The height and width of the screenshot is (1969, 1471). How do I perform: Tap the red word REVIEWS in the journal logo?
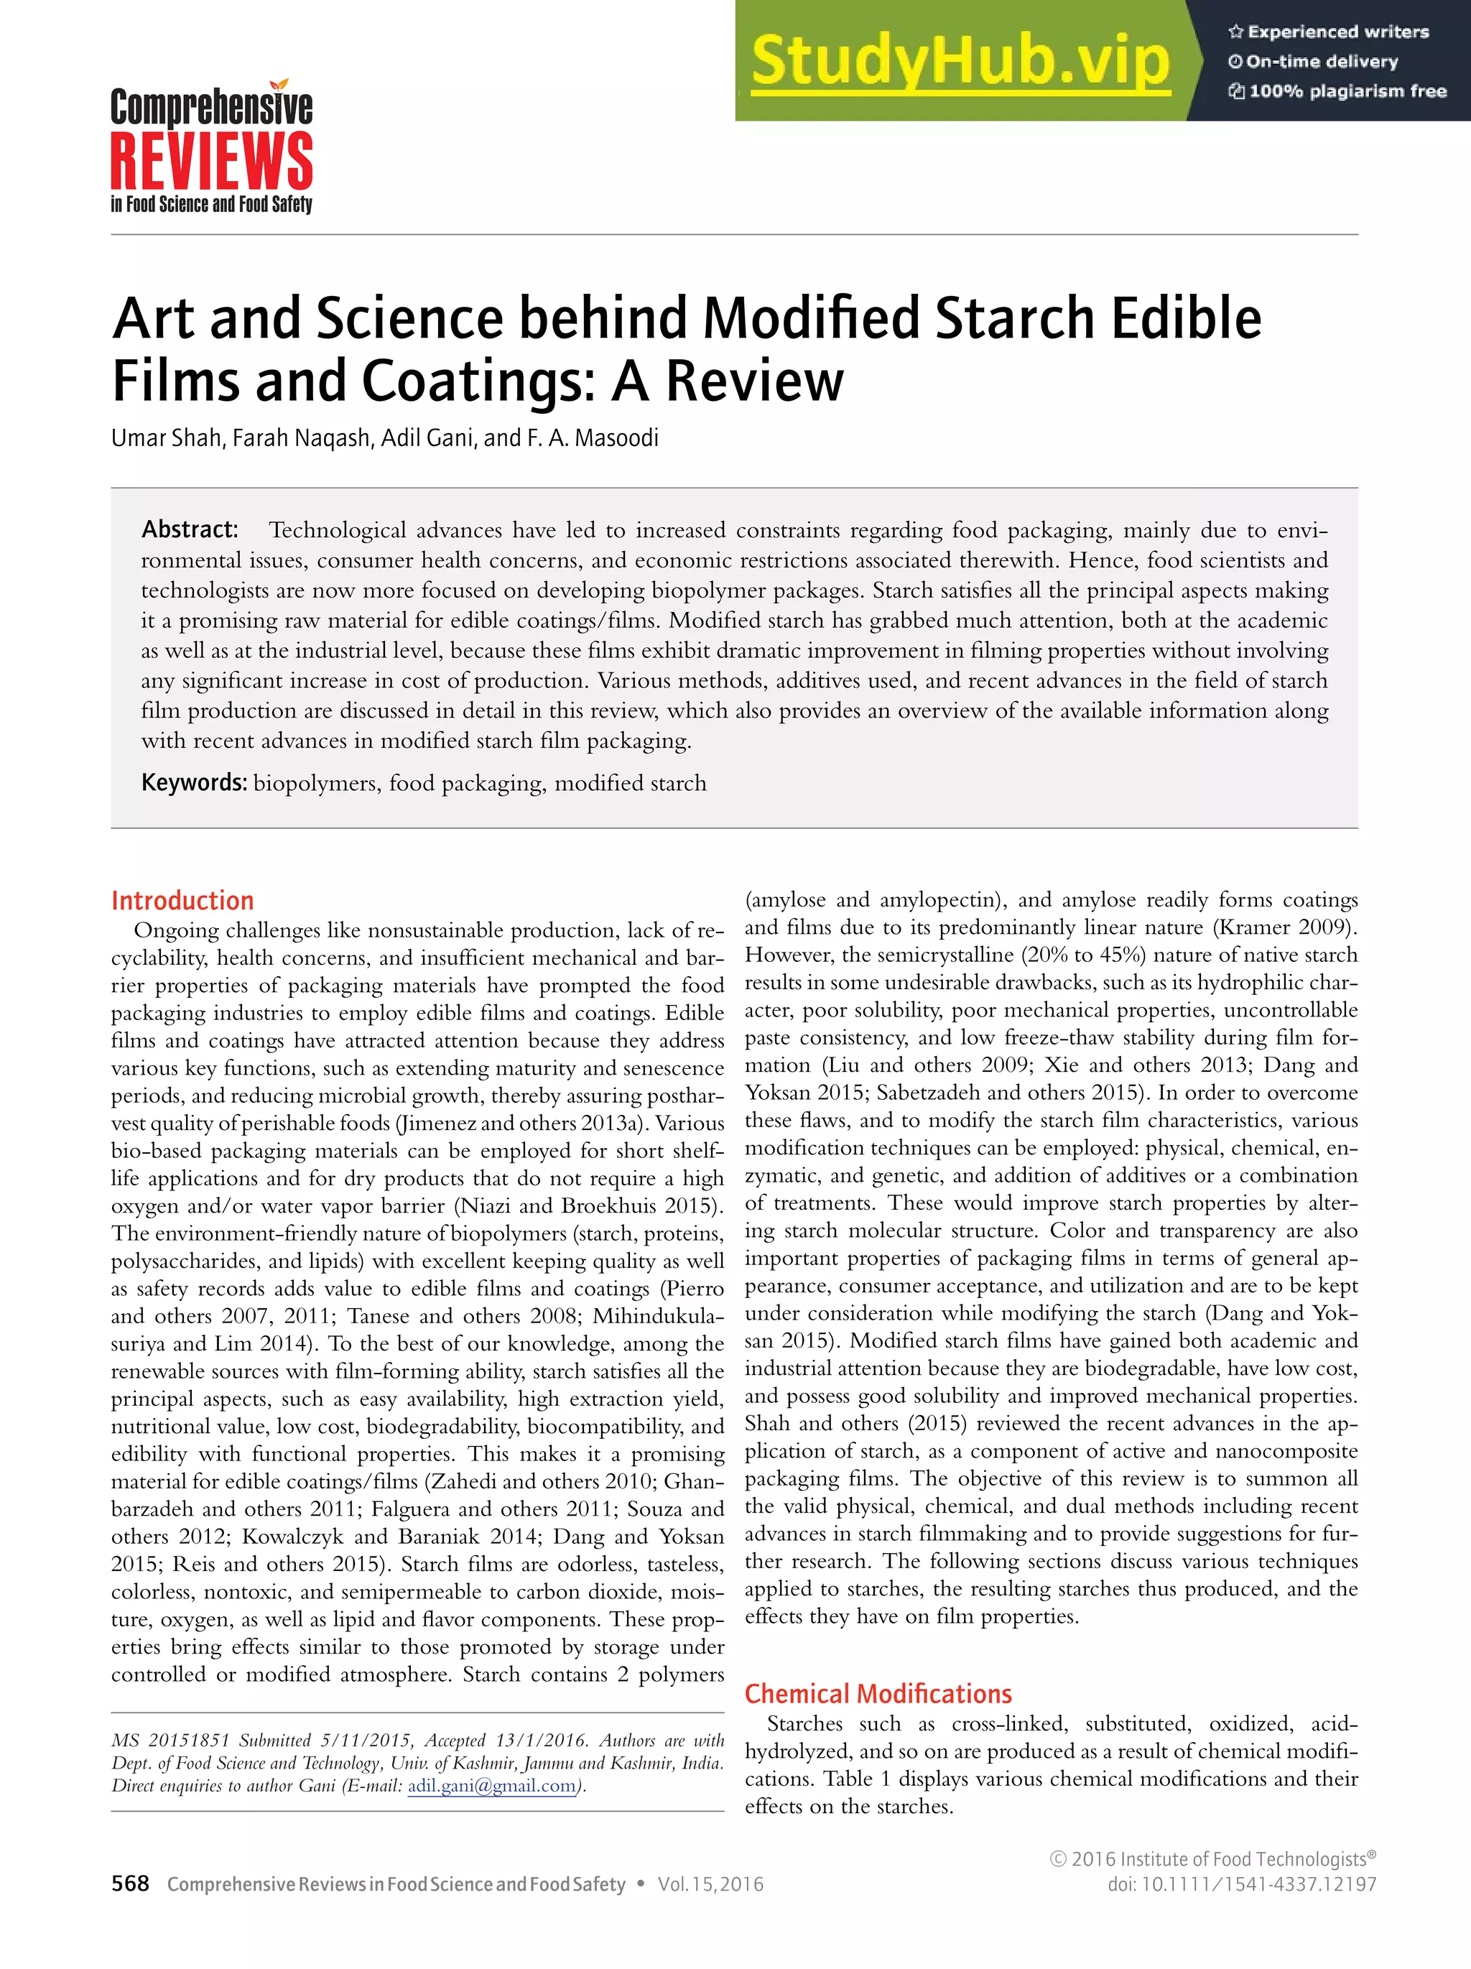[211, 162]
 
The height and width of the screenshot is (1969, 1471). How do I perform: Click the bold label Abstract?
[190, 529]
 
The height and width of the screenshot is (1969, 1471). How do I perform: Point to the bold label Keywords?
[194, 782]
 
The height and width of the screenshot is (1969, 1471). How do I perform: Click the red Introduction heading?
[182, 900]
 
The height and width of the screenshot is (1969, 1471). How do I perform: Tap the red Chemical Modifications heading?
[878, 1693]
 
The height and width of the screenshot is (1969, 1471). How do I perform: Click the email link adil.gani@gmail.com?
[492, 1786]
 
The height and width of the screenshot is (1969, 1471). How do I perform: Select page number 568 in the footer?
[130, 1884]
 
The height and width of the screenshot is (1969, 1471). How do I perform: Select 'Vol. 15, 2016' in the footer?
[710, 1884]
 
